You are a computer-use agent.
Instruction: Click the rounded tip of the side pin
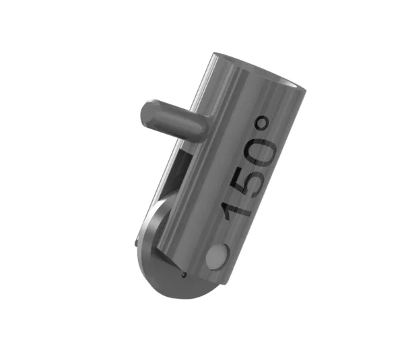coord(146,112)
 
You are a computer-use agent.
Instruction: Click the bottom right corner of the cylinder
coord(226,283)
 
